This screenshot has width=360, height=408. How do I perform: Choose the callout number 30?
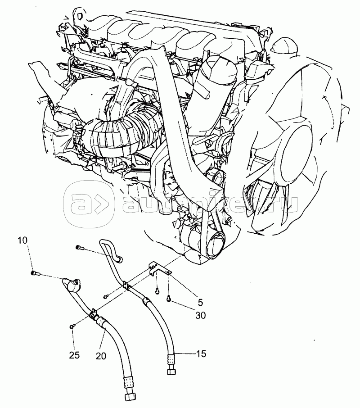[200, 315]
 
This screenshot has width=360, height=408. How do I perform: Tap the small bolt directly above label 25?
[72, 326]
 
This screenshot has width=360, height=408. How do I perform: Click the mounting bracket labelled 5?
[158, 269]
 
